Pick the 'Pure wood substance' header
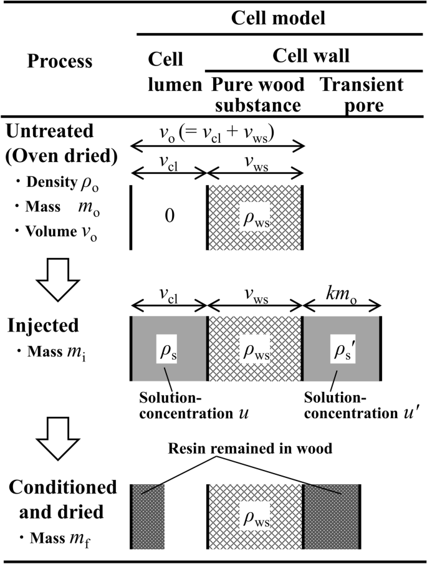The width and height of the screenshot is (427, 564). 257,94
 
